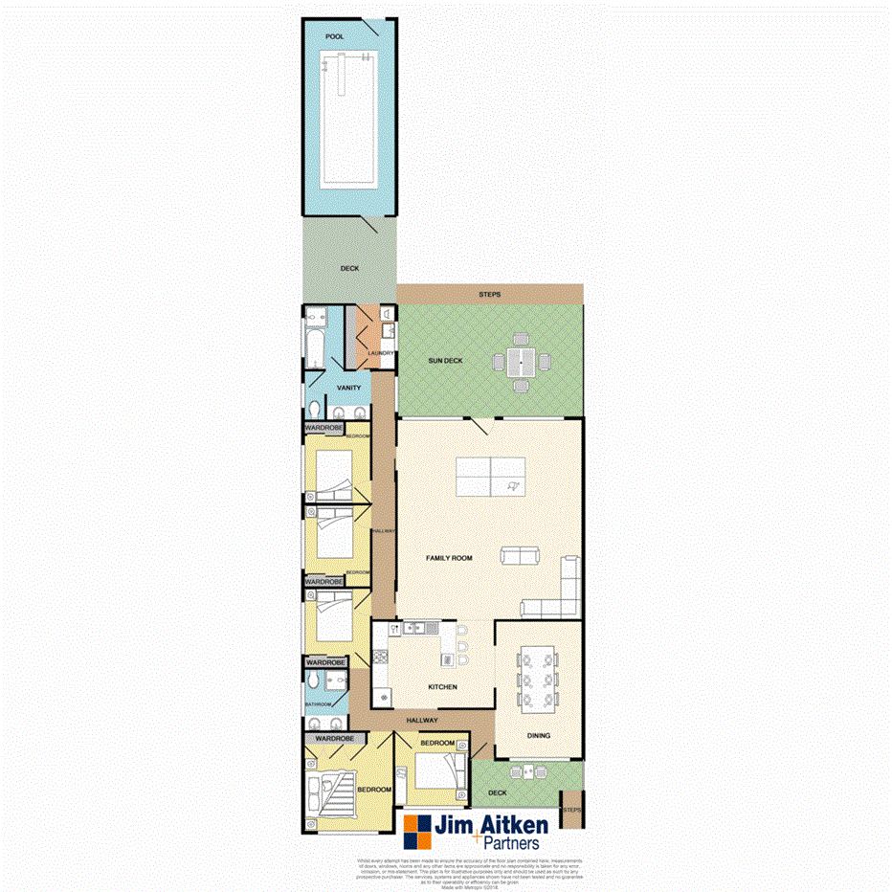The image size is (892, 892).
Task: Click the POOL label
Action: pos(335,36)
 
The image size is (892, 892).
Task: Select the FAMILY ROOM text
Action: pos(451,556)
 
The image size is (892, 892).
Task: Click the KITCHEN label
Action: pos(442,687)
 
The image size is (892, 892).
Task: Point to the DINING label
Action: pos(539,736)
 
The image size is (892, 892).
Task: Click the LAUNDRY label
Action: pos(381,353)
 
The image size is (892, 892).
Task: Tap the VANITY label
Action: pos(348,388)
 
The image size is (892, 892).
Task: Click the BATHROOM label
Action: pos(318,704)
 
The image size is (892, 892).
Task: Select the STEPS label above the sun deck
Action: pos(489,294)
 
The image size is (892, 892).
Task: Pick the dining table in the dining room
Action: pos(537,680)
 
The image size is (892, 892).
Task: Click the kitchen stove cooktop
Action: pos(379,657)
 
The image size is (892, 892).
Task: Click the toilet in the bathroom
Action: pos(315,680)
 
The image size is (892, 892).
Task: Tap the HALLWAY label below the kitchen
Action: pos(421,720)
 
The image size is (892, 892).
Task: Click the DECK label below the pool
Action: pos(349,269)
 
